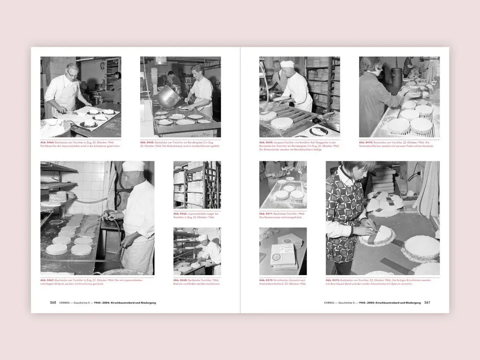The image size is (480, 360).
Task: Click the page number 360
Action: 53,303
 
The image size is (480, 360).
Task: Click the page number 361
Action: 427,303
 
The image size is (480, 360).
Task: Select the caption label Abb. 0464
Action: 47,142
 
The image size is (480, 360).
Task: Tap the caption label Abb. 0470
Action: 366,142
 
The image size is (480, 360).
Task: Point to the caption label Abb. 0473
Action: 333,280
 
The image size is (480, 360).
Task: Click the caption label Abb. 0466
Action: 180,214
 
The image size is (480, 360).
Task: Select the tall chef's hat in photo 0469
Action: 287,64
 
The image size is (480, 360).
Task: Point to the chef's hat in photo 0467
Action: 134,166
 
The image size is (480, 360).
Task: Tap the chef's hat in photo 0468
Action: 202,238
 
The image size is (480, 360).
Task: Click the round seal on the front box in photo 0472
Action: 277,258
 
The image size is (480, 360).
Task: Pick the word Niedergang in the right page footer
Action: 411,303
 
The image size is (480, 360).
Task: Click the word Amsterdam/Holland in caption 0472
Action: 270,284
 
